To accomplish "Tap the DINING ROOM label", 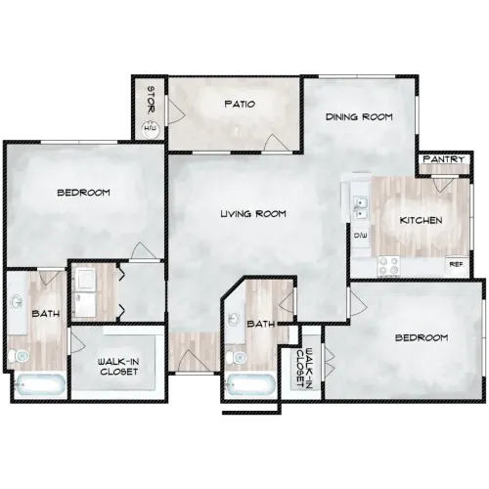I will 359,116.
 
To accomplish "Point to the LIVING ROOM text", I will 252,213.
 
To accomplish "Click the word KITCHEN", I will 422,221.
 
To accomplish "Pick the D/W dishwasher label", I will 359,235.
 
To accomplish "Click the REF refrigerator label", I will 455,264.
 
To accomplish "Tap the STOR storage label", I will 151,99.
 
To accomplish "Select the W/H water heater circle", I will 151,128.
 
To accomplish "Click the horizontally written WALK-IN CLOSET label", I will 117,366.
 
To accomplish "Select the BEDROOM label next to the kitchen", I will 421,337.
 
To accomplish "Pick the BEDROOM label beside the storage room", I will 82,193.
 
